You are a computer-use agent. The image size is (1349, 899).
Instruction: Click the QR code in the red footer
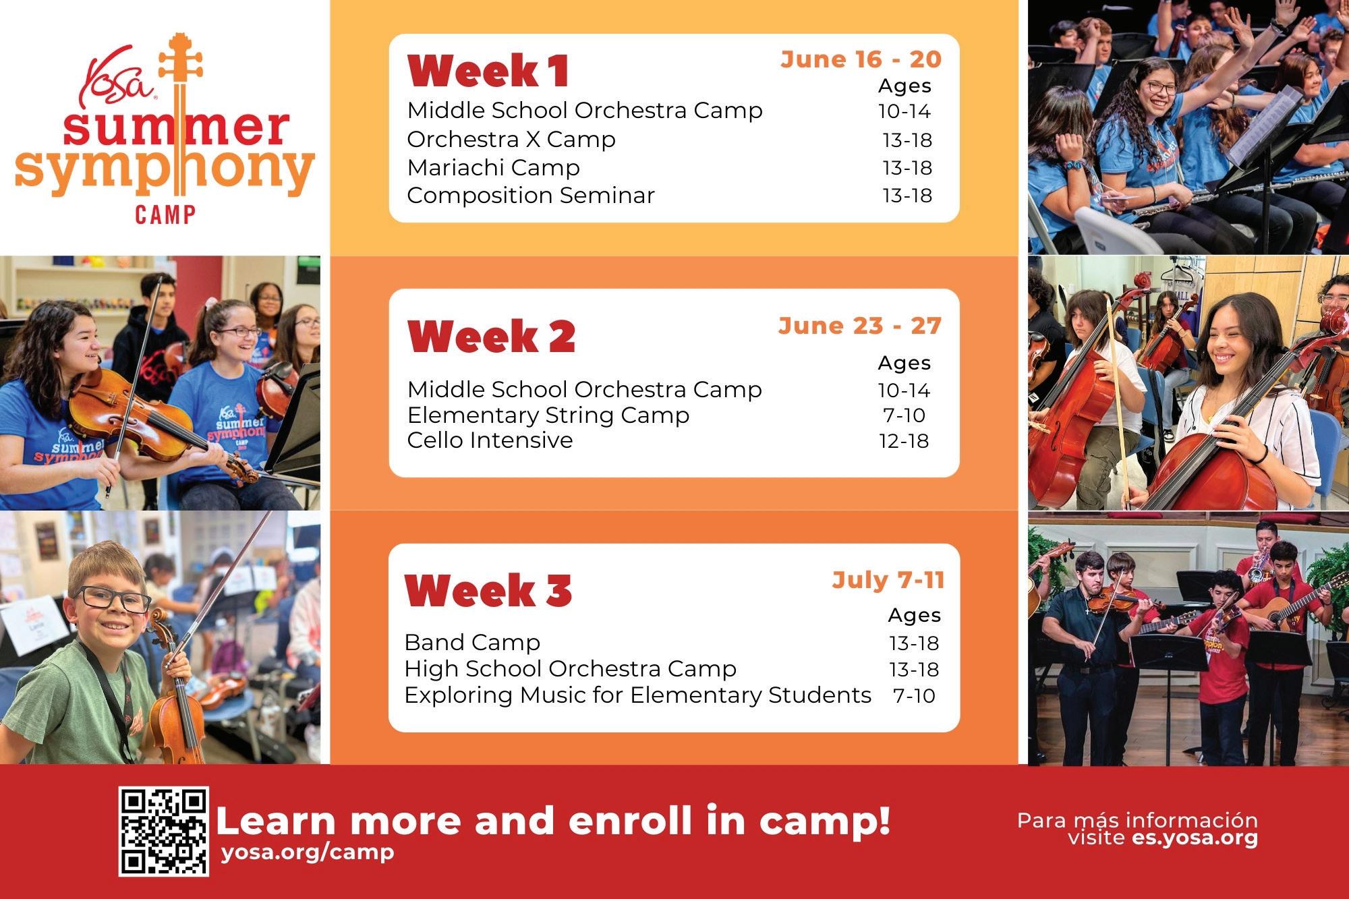[164, 831]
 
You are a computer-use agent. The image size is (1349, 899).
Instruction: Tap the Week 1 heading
[489, 71]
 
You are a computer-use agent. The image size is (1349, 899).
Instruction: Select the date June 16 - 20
[861, 59]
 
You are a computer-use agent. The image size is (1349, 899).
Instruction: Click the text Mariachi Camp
[493, 167]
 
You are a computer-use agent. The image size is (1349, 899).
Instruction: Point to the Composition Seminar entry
[531, 196]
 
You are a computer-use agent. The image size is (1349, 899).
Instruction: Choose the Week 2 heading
[492, 336]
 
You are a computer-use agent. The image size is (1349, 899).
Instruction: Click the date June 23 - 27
[860, 326]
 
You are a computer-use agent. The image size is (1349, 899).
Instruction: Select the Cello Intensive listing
[490, 440]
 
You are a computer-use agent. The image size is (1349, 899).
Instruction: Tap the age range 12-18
[904, 441]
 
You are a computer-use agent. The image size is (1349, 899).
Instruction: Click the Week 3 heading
[488, 590]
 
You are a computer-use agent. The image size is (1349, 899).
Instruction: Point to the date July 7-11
[888, 580]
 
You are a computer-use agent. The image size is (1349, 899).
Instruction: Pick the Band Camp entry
[472, 642]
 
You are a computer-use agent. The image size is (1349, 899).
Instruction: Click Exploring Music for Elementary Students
[638, 695]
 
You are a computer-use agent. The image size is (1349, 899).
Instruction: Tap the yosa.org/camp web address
[308, 852]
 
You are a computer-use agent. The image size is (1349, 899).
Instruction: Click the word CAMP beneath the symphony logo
[165, 215]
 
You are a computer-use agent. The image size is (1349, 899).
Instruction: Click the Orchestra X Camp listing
[511, 140]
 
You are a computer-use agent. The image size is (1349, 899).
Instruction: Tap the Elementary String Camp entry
[548, 415]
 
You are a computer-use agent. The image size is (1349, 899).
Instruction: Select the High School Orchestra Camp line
[571, 668]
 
